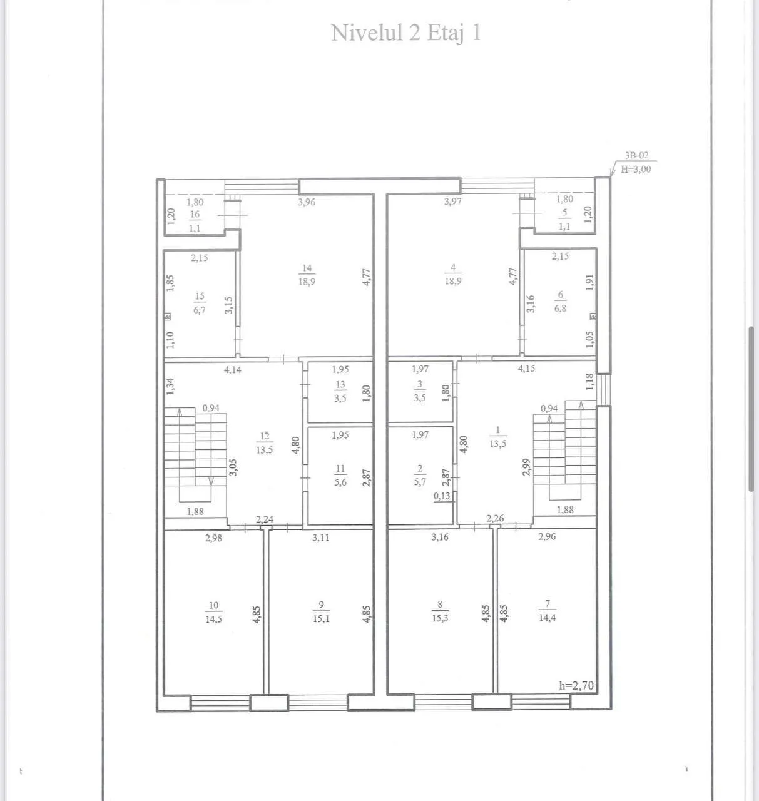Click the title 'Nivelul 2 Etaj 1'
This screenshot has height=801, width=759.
[x=405, y=33]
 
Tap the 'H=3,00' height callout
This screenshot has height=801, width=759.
[x=636, y=169]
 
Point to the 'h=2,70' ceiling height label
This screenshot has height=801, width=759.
[x=576, y=686]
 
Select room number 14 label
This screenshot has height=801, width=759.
[x=307, y=268]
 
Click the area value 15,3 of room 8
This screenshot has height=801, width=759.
[x=440, y=618]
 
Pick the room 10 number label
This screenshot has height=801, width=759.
[x=213, y=605]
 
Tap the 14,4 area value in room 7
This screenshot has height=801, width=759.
[x=547, y=618]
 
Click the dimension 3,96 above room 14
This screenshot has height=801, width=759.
[x=307, y=202]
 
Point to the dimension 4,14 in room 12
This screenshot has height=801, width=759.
[x=233, y=370]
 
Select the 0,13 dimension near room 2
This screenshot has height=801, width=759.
[x=442, y=496]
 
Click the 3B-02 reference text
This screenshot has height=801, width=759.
[x=637, y=155]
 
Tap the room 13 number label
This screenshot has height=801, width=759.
[x=340, y=384]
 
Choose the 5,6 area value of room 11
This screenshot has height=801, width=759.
[x=340, y=482]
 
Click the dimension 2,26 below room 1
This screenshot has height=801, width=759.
[x=495, y=518]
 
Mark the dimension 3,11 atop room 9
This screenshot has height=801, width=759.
[x=320, y=538]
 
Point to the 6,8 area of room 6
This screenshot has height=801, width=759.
[x=560, y=308]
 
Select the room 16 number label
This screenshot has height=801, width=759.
[x=195, y=214]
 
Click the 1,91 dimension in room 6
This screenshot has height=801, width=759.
[x=589, y=282]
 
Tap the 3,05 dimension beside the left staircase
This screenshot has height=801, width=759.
[x=233, y=467]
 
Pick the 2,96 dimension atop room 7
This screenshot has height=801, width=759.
[x=547, y=536]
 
